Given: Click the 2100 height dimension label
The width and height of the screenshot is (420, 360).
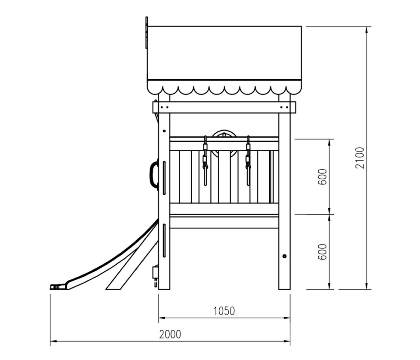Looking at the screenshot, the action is [360, 158].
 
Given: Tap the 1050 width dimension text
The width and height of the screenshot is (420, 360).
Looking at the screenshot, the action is [224, 311].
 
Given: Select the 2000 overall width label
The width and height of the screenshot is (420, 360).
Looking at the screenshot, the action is [170, 334].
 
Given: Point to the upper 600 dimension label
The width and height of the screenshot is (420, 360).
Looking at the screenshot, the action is [322, 176].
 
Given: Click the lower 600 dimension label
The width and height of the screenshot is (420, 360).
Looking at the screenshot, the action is [322, 252].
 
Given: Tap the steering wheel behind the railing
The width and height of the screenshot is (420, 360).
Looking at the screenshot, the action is [225, 144].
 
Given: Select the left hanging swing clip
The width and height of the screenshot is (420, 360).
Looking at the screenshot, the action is [205, 161].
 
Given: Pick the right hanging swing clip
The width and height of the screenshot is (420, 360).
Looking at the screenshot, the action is [248, 161].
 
